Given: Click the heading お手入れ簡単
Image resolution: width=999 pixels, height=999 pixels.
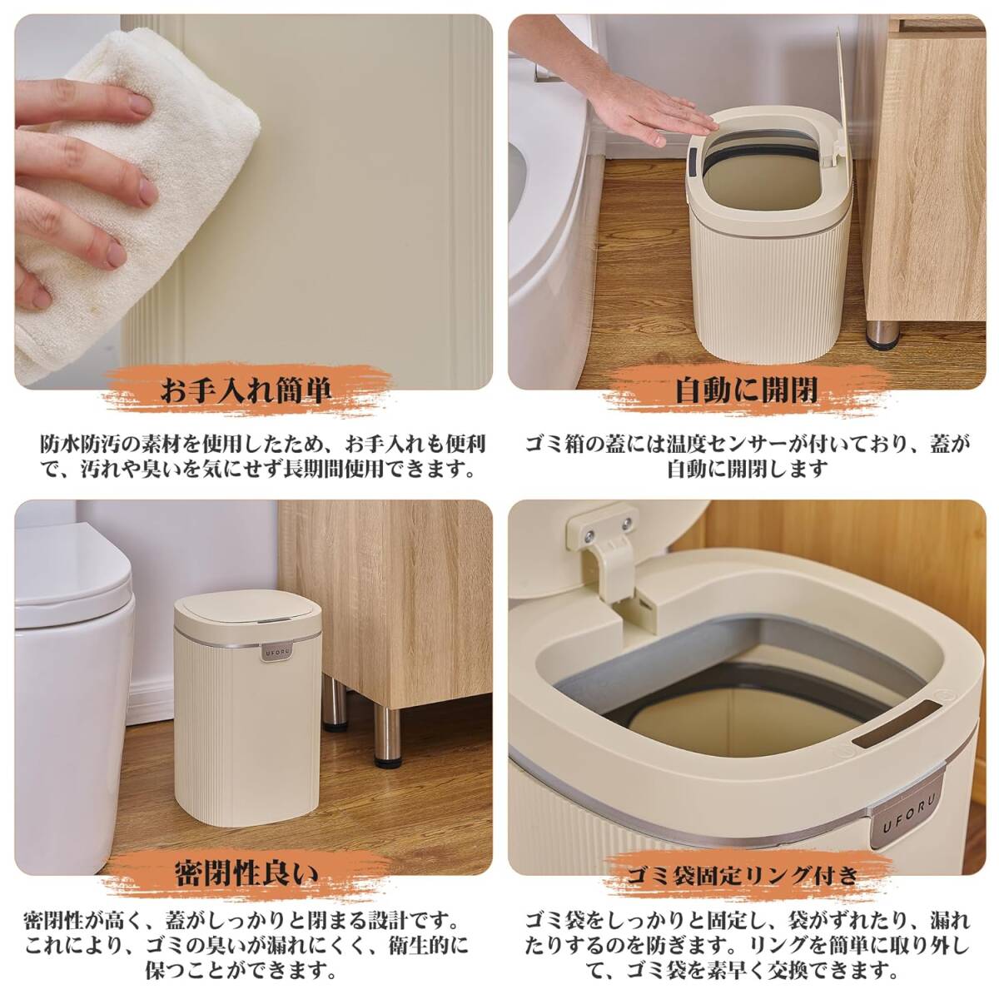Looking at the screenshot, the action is point(246,391).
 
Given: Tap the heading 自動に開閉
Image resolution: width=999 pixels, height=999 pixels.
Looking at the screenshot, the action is point(746,391).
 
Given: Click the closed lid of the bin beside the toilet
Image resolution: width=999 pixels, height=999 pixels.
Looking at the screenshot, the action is point(247,617).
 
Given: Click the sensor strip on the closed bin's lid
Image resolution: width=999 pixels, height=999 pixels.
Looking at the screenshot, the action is point(274,620).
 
